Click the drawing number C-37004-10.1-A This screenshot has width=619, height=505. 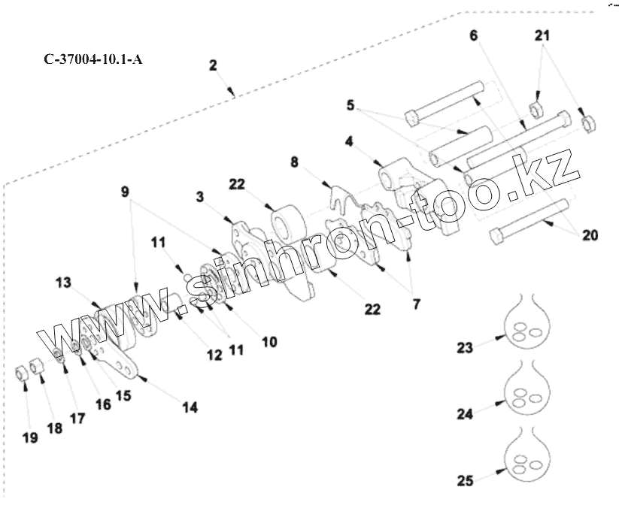[x=93, y=59]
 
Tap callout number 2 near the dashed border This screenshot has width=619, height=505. [x=213, y=66]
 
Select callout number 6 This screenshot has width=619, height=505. [x=473, y=36]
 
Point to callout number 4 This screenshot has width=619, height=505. [x=350, y=141]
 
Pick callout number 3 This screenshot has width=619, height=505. [x=199, y=197]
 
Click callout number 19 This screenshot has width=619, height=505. [x=29, y=438]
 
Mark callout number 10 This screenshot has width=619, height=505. [x=269, y=341]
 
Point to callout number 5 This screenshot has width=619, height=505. [x=350, y=107]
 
